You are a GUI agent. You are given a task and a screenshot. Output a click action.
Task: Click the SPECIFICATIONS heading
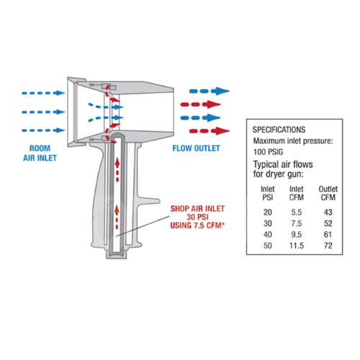tap(279, 130)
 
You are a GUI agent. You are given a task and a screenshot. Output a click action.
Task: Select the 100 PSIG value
tap(268, 152)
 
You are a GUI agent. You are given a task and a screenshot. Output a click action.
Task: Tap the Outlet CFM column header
tap(328, 193)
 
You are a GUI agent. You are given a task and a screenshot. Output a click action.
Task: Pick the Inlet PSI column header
tap(268, 193)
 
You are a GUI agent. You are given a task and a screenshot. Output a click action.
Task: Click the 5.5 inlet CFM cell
tap(297, 212)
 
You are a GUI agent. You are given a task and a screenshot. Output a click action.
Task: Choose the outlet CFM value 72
tap(328, 246)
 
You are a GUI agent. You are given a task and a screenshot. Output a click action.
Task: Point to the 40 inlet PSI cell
tap(268, 234)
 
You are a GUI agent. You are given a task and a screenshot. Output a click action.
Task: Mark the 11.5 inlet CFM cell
tap(297, 246)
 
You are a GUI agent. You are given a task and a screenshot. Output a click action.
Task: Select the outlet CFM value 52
tap(328, 223)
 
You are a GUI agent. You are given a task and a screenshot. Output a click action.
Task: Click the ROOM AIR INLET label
tap(40, 153)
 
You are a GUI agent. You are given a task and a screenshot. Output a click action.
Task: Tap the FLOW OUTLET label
tap(196, 148)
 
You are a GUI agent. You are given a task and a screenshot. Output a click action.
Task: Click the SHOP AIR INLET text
tap(197, 209)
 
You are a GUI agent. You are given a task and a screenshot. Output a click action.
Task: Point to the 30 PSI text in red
tap(197, 217)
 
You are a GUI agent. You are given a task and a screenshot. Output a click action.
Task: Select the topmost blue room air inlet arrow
tap(43, 93)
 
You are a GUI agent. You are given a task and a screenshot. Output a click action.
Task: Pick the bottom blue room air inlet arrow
tap(43, 130)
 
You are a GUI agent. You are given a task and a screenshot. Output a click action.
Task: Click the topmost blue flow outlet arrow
tap(209, 91)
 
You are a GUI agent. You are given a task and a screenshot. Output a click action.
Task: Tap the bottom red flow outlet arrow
tap(209, 131)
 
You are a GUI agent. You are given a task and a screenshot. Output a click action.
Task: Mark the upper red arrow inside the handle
tap(117, 169)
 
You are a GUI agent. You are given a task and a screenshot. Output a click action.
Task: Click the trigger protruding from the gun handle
tap(147, 201)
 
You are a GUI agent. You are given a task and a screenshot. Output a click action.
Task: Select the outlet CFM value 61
tap(328, 234)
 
